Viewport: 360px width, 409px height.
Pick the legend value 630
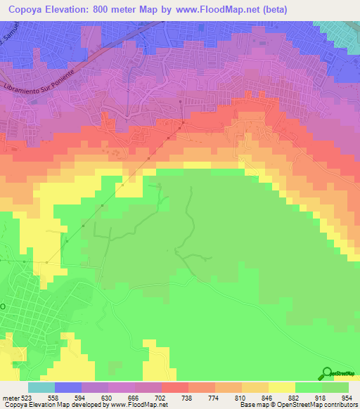point(116,396)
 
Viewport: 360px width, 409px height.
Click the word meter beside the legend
point(10,396)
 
